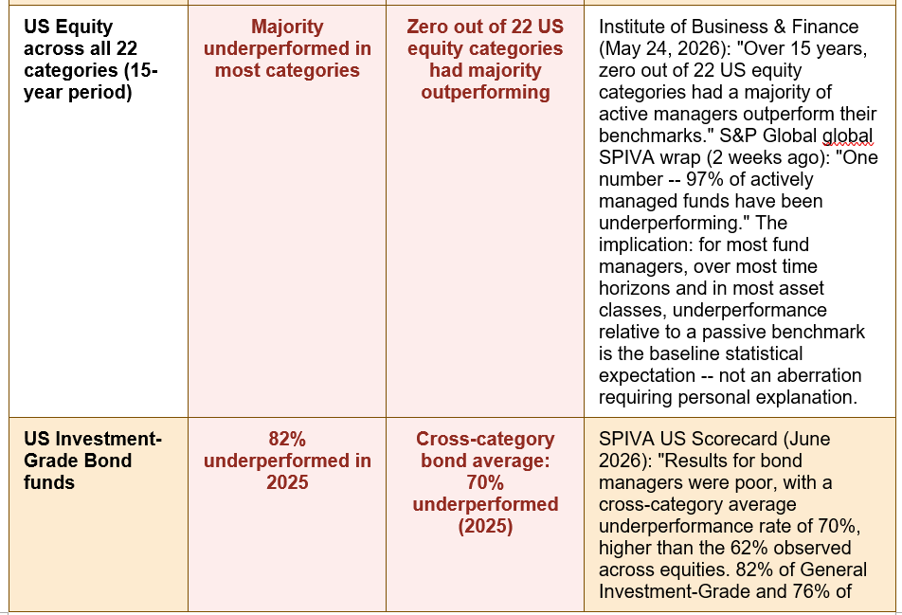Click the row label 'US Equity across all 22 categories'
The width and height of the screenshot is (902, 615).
coord(90,60)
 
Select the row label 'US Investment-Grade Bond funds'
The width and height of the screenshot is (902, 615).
coord(93,461)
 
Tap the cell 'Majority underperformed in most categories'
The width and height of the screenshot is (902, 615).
coord(287,48)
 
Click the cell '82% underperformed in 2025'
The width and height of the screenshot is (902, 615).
coord(287,461)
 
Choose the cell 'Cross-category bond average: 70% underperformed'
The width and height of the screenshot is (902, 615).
coord(485,482)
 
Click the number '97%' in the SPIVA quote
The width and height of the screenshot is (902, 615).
coord(705,179)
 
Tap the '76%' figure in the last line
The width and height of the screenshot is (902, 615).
coord(808,591)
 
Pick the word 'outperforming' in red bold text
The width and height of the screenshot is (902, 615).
coord(485,92)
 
